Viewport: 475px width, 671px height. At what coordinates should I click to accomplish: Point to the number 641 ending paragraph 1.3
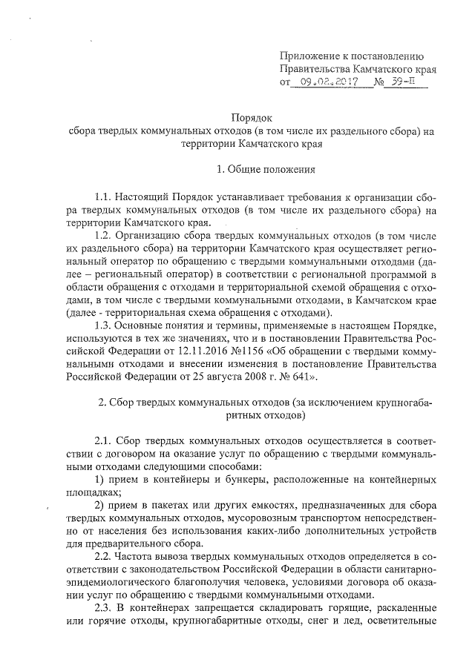pyautogui.click(x=304, y=377)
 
